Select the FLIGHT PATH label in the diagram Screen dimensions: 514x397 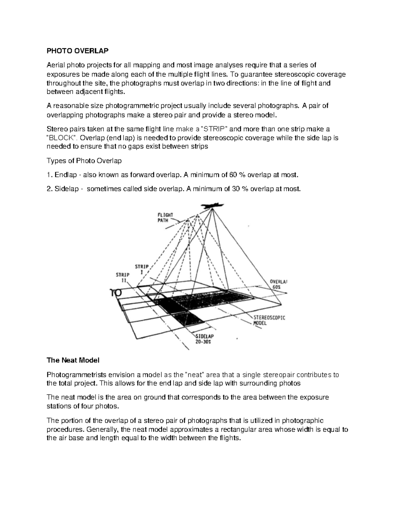coord(165,218)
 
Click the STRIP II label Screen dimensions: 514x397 coord(123,277)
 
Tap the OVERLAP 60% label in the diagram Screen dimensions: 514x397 coord(278,284)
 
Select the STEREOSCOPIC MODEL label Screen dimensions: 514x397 coord(269,320)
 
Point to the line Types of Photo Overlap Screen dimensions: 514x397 coord(84,161)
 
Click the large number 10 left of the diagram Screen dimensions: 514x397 coord(115,293)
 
